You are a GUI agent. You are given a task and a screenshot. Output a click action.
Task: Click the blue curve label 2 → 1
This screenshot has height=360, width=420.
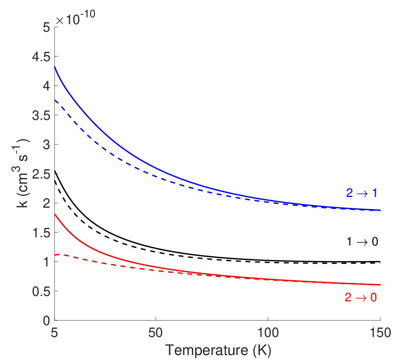[362, 193]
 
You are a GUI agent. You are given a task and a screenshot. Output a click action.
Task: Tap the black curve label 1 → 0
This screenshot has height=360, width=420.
[362, 242]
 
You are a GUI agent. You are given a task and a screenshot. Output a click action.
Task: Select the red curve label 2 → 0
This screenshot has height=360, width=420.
[361, 297]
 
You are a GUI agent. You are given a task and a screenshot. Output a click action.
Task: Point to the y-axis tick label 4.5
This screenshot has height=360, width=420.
[41, 57]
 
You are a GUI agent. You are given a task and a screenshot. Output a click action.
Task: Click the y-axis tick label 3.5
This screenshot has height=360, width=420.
[41, 116]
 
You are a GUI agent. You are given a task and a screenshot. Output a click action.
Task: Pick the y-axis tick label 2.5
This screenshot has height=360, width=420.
[41, 174]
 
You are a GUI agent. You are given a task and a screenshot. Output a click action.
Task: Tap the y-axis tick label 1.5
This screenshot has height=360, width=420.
[41, 233]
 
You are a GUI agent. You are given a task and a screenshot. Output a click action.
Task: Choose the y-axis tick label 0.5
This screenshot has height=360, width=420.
[41, 292]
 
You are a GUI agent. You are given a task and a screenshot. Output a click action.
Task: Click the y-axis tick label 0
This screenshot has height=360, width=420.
[47, 321]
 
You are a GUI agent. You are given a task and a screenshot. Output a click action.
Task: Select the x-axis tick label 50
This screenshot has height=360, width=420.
[155, 333]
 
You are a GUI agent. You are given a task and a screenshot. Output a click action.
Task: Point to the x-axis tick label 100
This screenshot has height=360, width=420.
[268, 333]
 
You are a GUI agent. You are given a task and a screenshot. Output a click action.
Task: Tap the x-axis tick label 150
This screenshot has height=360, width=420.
[380, 333]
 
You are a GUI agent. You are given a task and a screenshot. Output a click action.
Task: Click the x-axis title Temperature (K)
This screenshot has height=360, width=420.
[218, 350]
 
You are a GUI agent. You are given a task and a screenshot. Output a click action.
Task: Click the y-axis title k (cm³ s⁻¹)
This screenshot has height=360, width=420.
[21, 174]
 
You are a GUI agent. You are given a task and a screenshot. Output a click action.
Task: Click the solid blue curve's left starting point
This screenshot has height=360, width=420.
[55, 67]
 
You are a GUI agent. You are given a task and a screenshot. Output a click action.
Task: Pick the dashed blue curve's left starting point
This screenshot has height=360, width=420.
[55, 100]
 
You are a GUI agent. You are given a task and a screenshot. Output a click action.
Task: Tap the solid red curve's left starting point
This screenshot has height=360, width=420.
[55, 214]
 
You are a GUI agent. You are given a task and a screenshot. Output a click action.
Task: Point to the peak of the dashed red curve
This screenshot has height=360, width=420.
[59, 254]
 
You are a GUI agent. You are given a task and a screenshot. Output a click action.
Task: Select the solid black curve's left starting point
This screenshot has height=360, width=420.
[55, 171]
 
